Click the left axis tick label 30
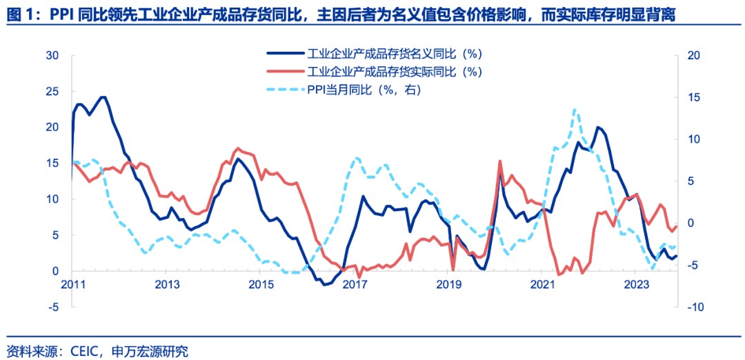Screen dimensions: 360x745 [x=52, y=55]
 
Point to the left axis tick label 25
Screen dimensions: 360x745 [x=52, y=91]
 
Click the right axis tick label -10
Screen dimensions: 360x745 [x=694, y=307]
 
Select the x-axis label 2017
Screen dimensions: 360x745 [x=354, y=284]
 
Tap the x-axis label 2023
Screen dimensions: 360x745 [x=635, y=284]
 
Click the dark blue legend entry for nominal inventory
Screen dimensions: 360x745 [x=393, y=53]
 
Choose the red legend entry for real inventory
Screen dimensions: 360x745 [x=393, y=71]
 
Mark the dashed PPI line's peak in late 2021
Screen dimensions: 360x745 [x=575, y=109]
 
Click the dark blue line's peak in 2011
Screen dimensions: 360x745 [x=103, y=97]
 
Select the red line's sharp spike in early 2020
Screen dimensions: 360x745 [x=499, y=161]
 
